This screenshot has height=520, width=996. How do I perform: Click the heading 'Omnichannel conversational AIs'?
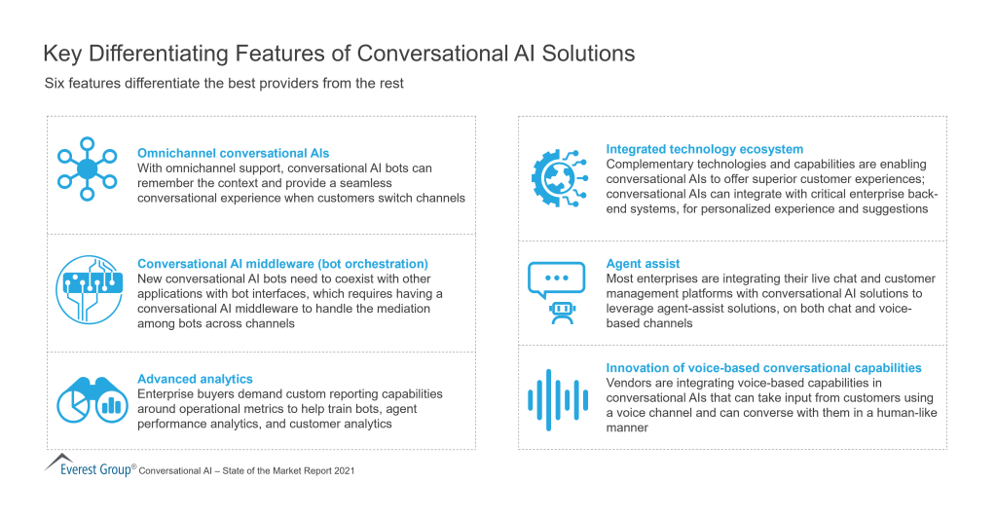[x=234, y=154]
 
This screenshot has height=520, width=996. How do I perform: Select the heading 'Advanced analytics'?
[x=195, y=379]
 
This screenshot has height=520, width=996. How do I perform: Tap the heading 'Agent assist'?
[x=643, y=264]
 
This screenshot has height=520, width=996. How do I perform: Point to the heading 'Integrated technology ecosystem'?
[x=705, y=149]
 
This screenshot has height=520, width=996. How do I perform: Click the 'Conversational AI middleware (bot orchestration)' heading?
[x=282, y=264]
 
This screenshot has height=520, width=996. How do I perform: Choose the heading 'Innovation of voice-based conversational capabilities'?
[x=763, y=368]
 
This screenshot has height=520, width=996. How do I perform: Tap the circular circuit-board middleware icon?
[x=89, y=289]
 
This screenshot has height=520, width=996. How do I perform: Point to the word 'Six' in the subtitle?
[x=55, y=84]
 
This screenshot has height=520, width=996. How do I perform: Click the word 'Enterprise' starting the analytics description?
[x=167, y=394]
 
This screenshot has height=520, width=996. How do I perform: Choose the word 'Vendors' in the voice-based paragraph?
[x=630, y=384]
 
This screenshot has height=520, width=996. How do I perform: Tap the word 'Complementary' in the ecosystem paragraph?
[x=651, y=165]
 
